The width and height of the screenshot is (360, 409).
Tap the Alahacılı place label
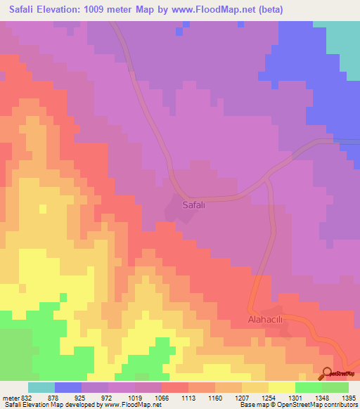click(x=265, y=318)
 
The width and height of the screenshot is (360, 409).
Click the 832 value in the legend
click(x=27, y=397)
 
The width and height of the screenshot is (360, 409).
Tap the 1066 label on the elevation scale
click(x=161, y=397)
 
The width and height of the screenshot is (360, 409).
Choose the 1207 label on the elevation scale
click(x=242, y=397)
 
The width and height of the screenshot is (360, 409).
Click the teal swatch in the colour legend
click(x=41, y=387)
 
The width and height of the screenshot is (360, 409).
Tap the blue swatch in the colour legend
click(x=68, y=387)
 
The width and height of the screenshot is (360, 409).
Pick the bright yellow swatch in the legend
click(x=282, y=387)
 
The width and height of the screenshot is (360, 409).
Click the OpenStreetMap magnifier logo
click(x=328, y=372)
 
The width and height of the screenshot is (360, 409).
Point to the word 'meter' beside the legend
click(x=11, y=397)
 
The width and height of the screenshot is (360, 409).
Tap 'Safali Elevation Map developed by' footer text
click(x=49, y=405)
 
